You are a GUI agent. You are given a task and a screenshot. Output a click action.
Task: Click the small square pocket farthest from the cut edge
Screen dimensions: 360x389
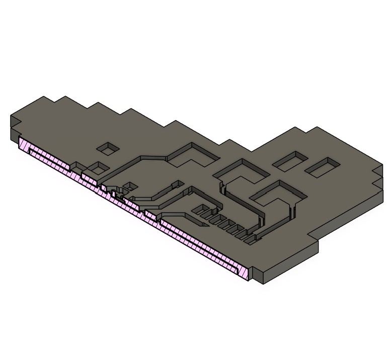click(108, 148)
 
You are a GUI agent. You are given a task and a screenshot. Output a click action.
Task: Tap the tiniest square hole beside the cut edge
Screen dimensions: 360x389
click(129, 186)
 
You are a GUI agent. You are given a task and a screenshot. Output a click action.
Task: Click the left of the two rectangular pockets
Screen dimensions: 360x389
click(290, 160)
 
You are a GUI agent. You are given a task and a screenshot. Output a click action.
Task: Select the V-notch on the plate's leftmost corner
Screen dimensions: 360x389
click(15, 125)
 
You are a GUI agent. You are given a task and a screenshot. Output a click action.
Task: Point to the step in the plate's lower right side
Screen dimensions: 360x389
click(316, 239)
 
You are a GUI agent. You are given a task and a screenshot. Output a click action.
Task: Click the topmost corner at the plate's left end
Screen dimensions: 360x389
click(44, 97)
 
